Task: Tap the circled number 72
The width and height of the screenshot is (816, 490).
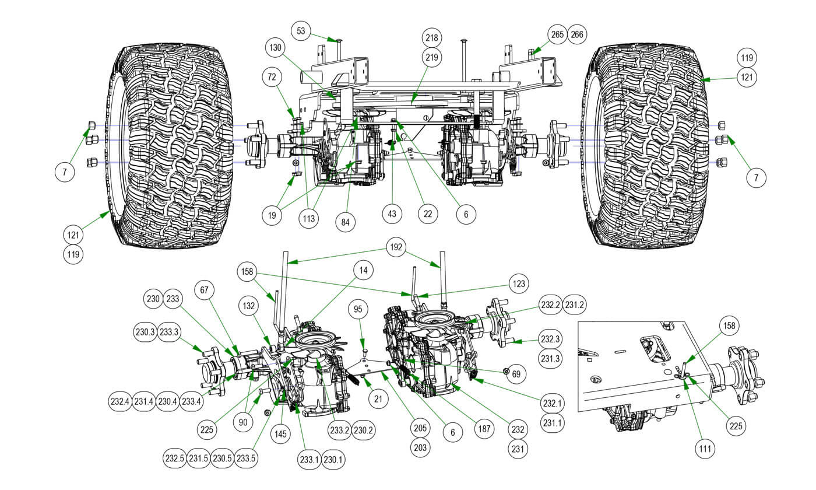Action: click(272, 76)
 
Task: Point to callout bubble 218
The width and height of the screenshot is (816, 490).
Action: click(432, 37)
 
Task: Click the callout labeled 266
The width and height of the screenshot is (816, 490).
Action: click(577, 34)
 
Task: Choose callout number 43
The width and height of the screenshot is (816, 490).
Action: click(392, 214)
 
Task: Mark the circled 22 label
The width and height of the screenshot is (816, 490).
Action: click(428, 214)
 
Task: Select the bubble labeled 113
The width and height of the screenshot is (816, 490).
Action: click(309, 219)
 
